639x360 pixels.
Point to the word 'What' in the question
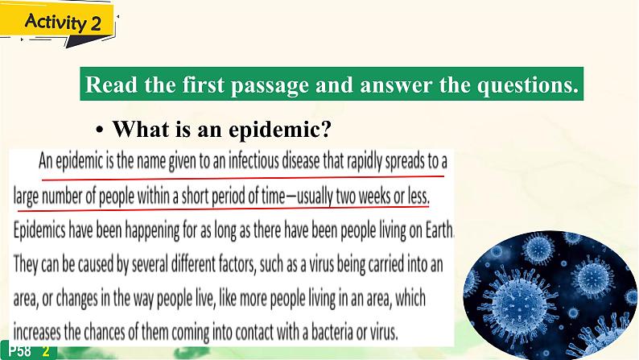click(x=140, y=129)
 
